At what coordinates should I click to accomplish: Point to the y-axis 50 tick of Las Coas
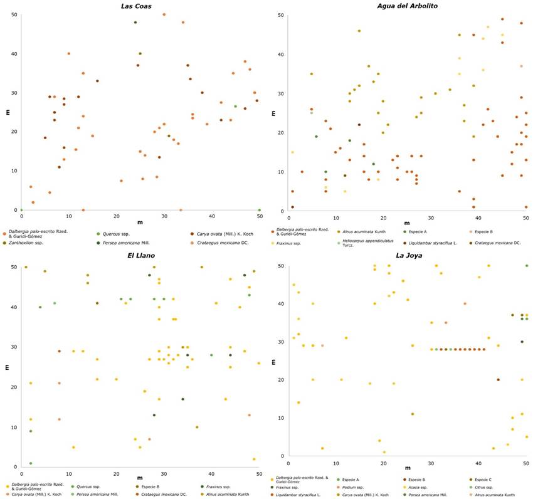click(x=14, y=14)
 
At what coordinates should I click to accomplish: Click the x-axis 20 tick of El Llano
click(x=116, y=473)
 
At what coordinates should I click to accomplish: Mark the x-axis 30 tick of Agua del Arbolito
click(x=431, y=218)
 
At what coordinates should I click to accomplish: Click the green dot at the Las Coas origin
click(x=21, y=210)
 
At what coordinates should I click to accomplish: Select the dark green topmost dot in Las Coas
click(x=135, y=23)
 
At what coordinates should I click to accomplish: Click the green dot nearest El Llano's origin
click(x=31, y=463)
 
